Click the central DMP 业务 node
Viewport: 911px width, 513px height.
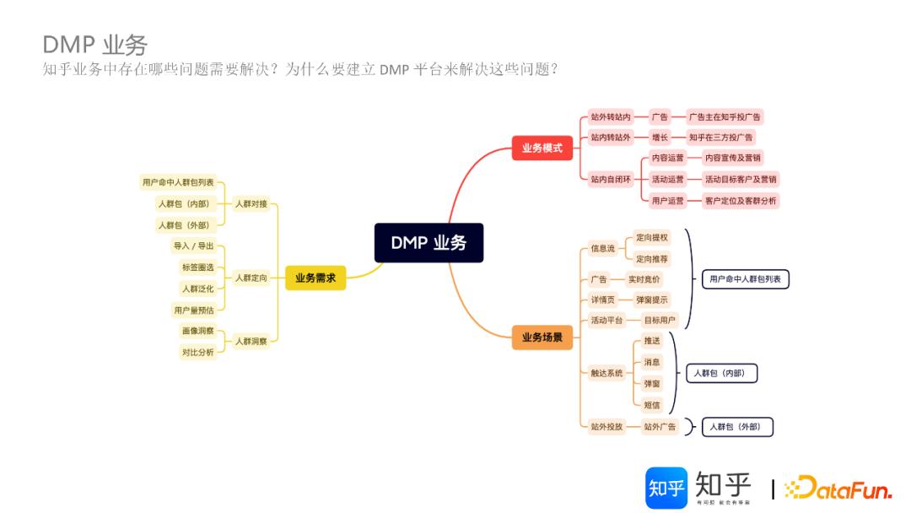[429, 242]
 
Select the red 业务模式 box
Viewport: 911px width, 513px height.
[542, 148]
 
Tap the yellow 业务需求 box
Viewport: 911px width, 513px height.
[315, 278]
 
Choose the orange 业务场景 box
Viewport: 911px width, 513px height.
[542, 337]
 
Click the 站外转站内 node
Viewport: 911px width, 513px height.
[611, 117]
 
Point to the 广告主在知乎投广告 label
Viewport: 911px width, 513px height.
[725, 117]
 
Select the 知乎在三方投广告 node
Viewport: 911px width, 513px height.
[721, 137]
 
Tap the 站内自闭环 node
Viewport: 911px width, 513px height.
[611, 179]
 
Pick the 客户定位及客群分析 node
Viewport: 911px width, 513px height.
[741, 201]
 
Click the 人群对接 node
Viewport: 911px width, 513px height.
[251, 203]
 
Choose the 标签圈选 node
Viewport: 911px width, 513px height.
[198, 267]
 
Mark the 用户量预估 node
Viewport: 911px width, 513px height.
[193, 310]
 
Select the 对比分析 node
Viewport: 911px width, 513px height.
[198, 352]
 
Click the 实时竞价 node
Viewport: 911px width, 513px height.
[644, 278]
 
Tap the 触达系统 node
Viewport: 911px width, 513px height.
[606, 372]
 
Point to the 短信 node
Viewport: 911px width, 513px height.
[652, 404]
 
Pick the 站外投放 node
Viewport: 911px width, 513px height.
[606, 426]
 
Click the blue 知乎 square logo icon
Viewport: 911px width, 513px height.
[666, 488]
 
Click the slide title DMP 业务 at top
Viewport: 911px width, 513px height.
[94, 45]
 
